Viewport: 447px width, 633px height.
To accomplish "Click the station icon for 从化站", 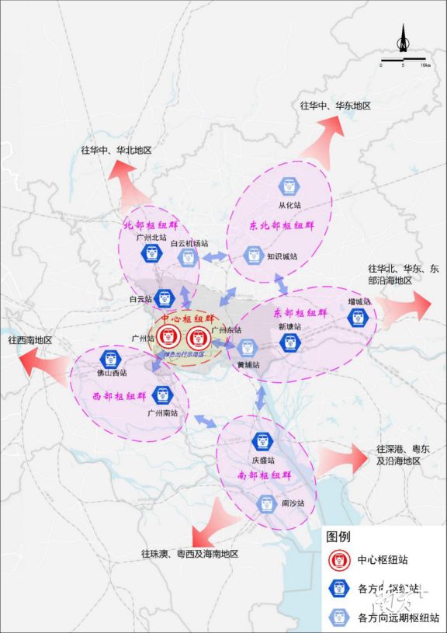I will click(289, 186).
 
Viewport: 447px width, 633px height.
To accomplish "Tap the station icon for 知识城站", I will click(252, 253).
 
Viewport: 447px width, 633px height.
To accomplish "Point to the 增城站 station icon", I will click(356, 317).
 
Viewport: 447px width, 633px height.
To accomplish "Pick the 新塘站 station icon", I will click(291, 343).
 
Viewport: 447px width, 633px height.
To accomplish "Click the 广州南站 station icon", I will click(162, 395).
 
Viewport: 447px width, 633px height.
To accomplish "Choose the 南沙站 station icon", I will click(267, 503).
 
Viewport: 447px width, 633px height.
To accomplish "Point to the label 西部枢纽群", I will click(120, 396).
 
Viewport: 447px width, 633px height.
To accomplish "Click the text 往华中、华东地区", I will click(335, 105).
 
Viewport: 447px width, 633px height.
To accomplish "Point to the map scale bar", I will click(403, 59).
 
